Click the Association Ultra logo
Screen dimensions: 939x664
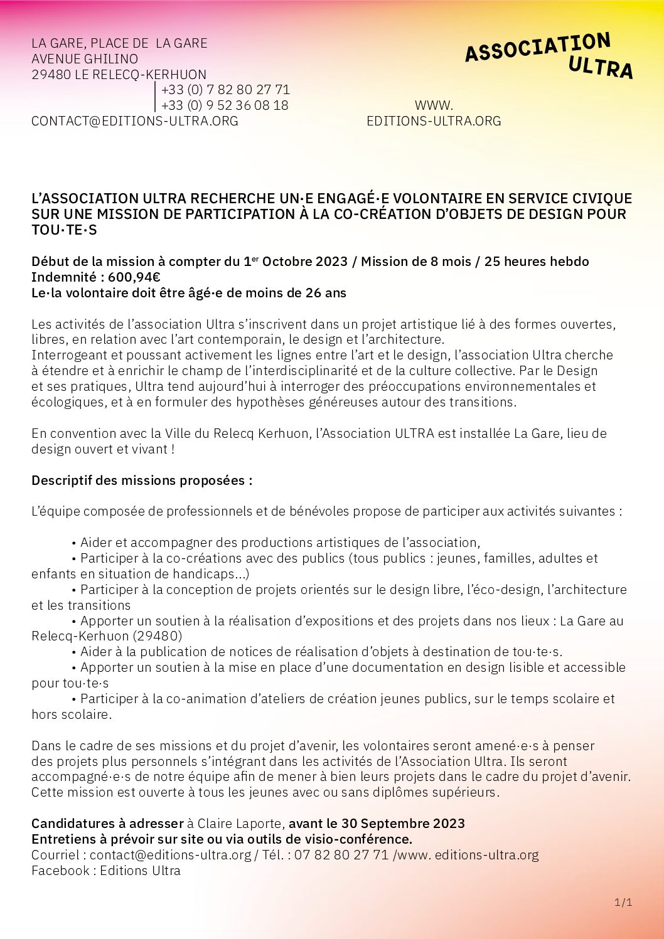pyautogui.click(x=549, y=56)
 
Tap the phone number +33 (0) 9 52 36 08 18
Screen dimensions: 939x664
pyautogui.click(x=225, y=105)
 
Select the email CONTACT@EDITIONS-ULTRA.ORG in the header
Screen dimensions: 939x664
pyautogui.click(x=135, y=121)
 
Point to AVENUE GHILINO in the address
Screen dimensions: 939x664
pyautogui.click(x=85, y=59)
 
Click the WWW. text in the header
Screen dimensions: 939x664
pyautogui.click(x=434, y=105)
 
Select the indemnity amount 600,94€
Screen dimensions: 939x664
pyautogui.click(x=134, y=277)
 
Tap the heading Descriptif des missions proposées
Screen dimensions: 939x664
pyautogui.click(x=142, y=480)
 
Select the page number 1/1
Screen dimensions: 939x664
pyautogui.click(x=623, y=903)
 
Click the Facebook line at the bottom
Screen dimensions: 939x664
pyautogui.click(x=106, y=871)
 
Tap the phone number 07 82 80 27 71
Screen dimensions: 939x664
pyautogui.click(x=341, y=855)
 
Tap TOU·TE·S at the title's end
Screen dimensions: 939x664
pyautogui.click(x=64, y=230)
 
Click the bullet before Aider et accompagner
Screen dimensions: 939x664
pyautogui.click(x=74, y=543)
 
